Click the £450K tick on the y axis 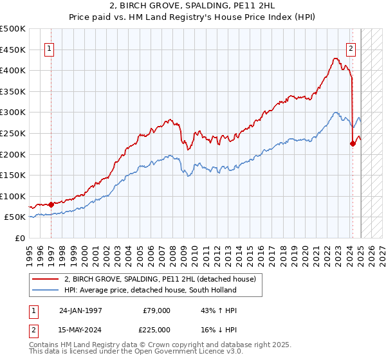click(x=13, y=50)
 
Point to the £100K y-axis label click(x=13, y=196)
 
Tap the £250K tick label click(x=13, y=133)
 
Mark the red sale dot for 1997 click(x=51, y=204)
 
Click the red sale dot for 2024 click(x=353, y=143)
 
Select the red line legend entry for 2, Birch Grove click(x=160, y=278)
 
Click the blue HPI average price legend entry click(x=150, y=290)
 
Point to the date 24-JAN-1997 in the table click(x=80, y=310)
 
